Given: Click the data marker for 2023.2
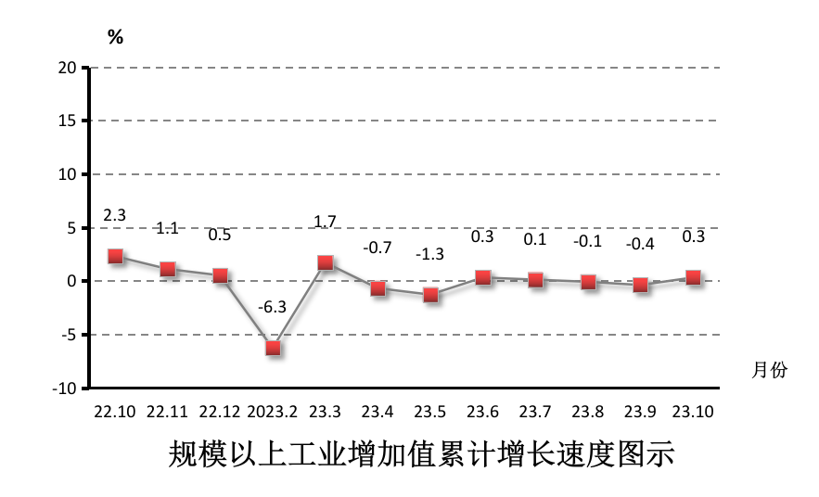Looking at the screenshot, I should (273, 348).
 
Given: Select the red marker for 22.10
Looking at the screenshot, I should (115, 256).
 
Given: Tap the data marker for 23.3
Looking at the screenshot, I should (326, 262).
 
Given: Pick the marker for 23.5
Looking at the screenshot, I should (430, 295).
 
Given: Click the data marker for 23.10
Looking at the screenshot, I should (693, 277).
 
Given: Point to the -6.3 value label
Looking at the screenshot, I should (272, 307).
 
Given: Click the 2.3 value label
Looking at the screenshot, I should (114, 215).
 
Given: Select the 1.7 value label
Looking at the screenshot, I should (325, 222).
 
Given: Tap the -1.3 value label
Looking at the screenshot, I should (429, 254).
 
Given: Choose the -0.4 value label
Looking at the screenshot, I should (639, 245).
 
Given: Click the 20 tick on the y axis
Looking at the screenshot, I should (66, 67).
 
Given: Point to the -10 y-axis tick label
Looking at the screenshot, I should (63, 389).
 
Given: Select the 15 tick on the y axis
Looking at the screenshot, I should (66, 121).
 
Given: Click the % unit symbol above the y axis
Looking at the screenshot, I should (115, 37).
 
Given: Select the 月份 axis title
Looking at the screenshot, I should (769, 370).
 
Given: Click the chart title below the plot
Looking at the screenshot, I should (420, 456).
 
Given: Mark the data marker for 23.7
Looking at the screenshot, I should (535, 279).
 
